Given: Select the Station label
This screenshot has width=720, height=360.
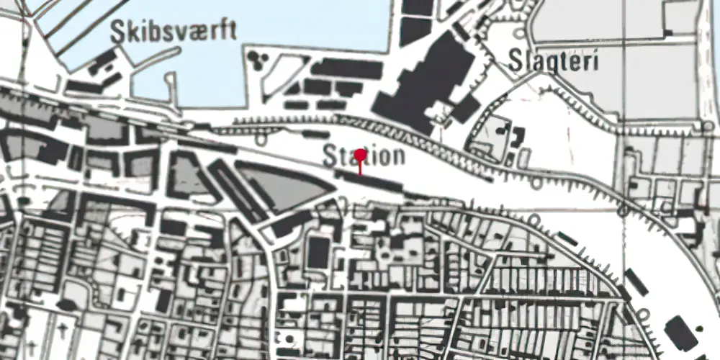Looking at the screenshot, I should coord(364,156).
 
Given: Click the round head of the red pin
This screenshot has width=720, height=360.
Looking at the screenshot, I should coord(361,155).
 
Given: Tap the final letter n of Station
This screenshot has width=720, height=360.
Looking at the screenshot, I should coord(397,156).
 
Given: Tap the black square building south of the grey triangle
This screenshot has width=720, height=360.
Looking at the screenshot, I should coord(318,252).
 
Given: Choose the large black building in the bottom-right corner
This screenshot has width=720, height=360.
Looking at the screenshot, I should coord(680,332).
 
